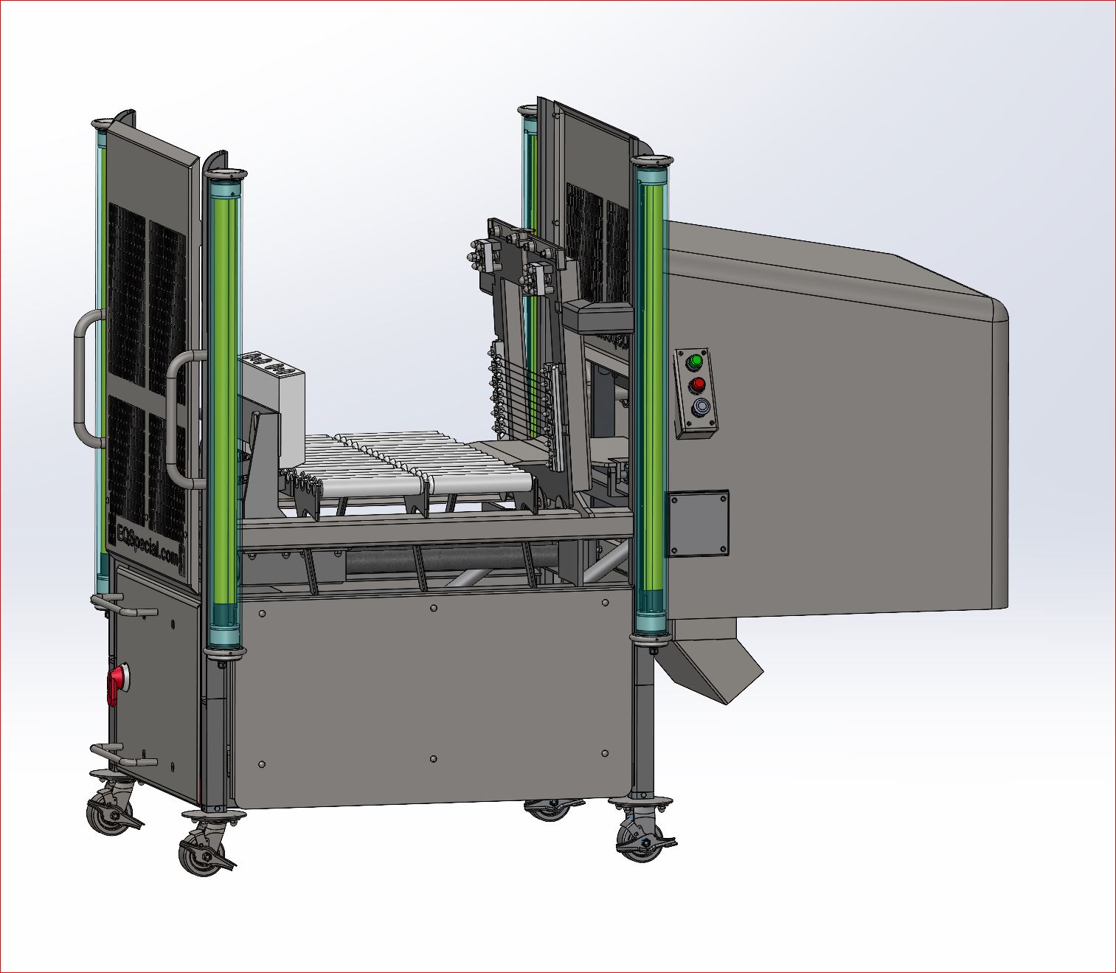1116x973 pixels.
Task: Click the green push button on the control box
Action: point(694,362)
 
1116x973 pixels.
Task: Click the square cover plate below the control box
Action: point(698,524)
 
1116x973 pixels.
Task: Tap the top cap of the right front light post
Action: point(651,160)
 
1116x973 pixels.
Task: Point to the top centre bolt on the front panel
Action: point(433,609)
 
